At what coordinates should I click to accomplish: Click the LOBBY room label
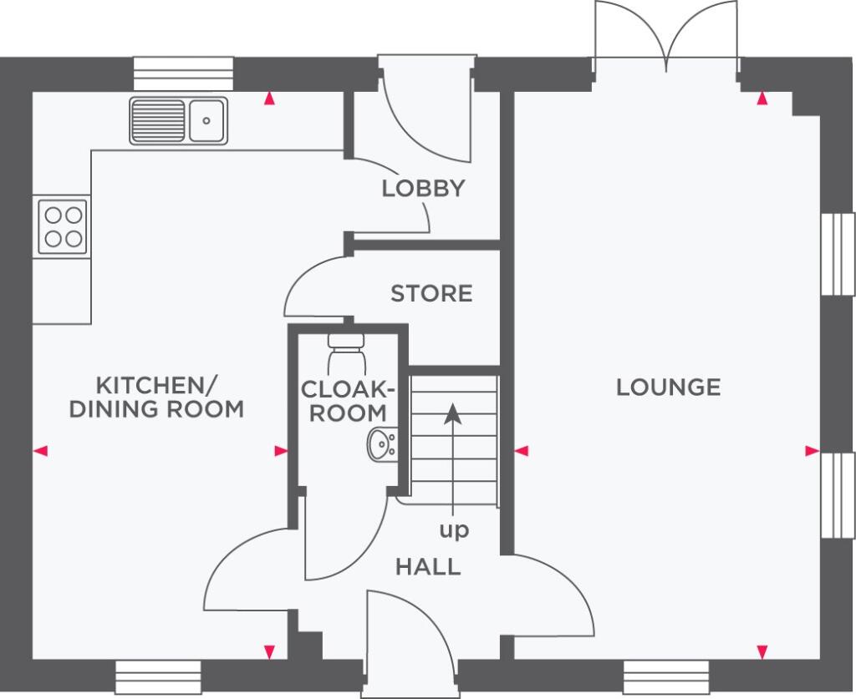[423, 189]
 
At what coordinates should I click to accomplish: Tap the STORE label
[431, 294]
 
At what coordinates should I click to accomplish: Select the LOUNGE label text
[668, 387]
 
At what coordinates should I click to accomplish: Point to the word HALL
[428, 567]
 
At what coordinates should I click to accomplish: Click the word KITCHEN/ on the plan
[157, 385]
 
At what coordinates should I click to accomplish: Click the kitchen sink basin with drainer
[179, 120]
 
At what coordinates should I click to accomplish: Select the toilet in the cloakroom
[345, 354]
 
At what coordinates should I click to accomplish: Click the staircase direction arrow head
[452, 413]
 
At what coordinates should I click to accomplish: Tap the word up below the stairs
[454, 530]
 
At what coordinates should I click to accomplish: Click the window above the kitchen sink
[183, 73]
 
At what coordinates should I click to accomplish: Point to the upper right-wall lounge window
[838, 254]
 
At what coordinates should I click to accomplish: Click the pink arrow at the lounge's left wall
[522, 451]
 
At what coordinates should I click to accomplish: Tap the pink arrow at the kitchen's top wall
[269, 99]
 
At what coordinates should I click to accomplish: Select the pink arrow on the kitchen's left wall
[42, 451]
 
